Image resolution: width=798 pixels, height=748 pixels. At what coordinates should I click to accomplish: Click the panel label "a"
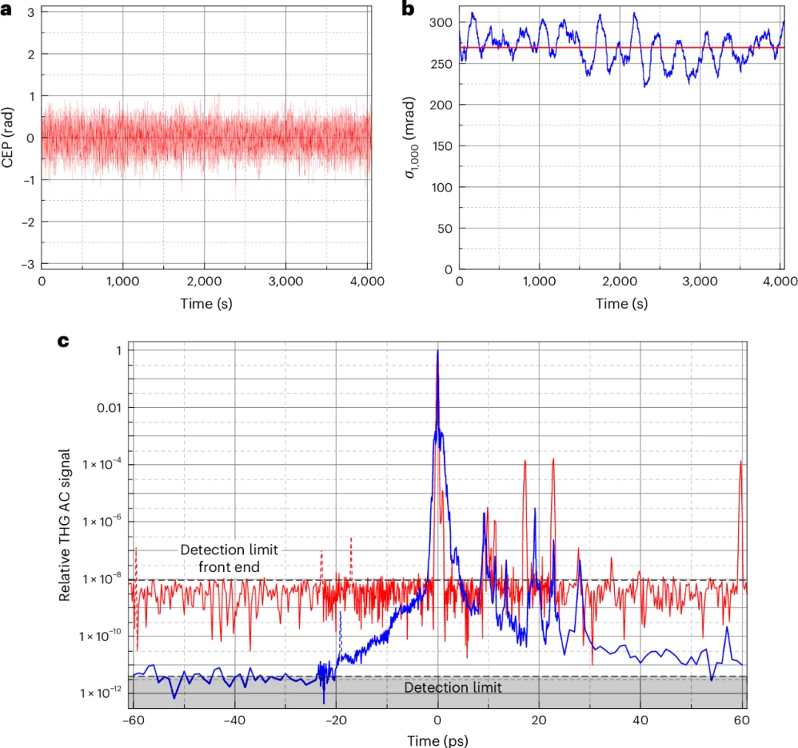coord(7,8)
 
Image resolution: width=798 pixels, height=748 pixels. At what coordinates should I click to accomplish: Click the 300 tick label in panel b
coord(440,23)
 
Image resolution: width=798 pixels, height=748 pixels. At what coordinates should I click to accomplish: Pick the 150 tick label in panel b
coord(440,146)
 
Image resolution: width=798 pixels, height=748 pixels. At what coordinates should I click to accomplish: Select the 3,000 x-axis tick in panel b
coord(701,282)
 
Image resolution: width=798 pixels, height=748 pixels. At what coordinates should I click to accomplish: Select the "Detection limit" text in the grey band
coord(453,688)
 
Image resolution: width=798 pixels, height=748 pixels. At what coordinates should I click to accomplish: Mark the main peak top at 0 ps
coord(437,351)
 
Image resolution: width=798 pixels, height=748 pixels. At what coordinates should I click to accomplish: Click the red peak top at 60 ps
coord(740,461)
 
